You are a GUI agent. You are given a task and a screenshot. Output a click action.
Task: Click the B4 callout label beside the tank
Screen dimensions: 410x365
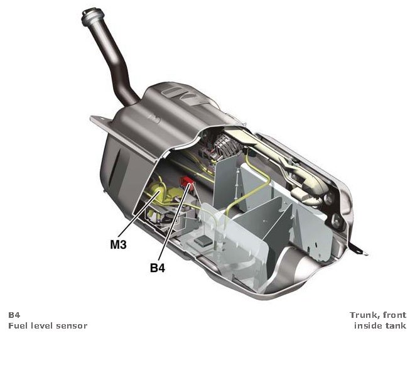pos(158,268)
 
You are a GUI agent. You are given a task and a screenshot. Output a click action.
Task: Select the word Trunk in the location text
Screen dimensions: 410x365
pos(363,315)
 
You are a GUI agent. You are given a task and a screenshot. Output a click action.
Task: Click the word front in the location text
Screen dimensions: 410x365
pos(394,315)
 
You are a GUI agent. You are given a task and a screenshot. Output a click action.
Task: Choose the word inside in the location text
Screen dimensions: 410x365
pos(367,325)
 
